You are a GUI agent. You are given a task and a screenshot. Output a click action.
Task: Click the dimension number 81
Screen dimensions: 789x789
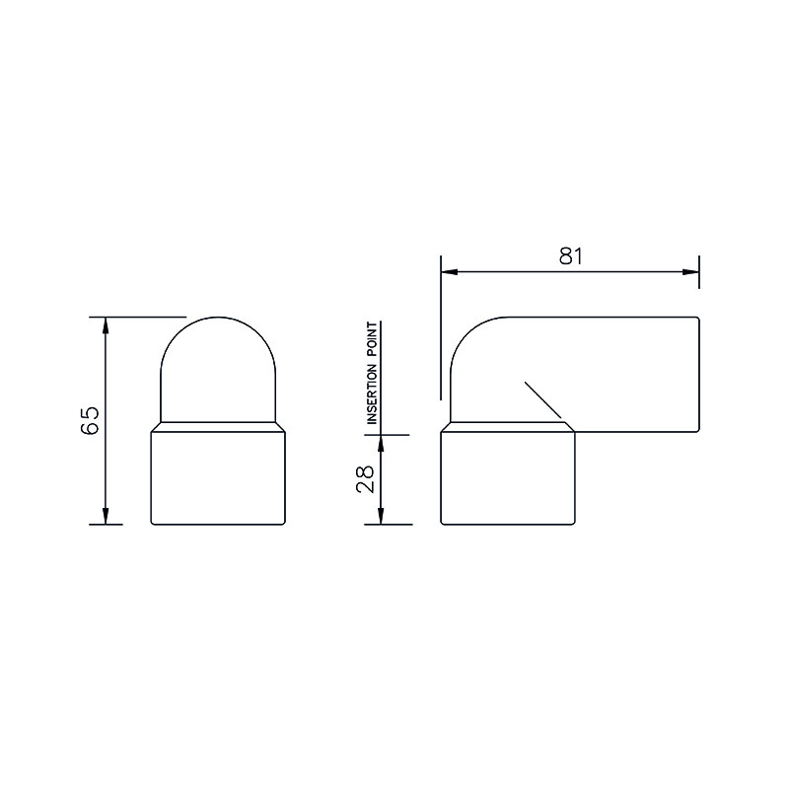pos(571,256)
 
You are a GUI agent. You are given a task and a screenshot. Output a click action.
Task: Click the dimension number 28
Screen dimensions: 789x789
pos(365,478)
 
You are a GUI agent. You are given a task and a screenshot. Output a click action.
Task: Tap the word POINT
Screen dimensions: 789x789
pos(372,340)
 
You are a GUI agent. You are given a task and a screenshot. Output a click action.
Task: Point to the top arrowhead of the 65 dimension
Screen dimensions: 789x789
pos(106,326)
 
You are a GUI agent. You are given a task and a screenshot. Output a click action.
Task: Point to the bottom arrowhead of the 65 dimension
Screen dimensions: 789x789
pos(106,516)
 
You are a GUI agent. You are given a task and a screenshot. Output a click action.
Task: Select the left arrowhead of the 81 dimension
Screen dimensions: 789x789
pos(450,272)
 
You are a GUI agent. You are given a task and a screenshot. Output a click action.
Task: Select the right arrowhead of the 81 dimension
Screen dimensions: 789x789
pos(690,272)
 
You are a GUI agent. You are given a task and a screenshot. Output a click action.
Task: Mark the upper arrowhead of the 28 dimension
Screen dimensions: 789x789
pos(381,444)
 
